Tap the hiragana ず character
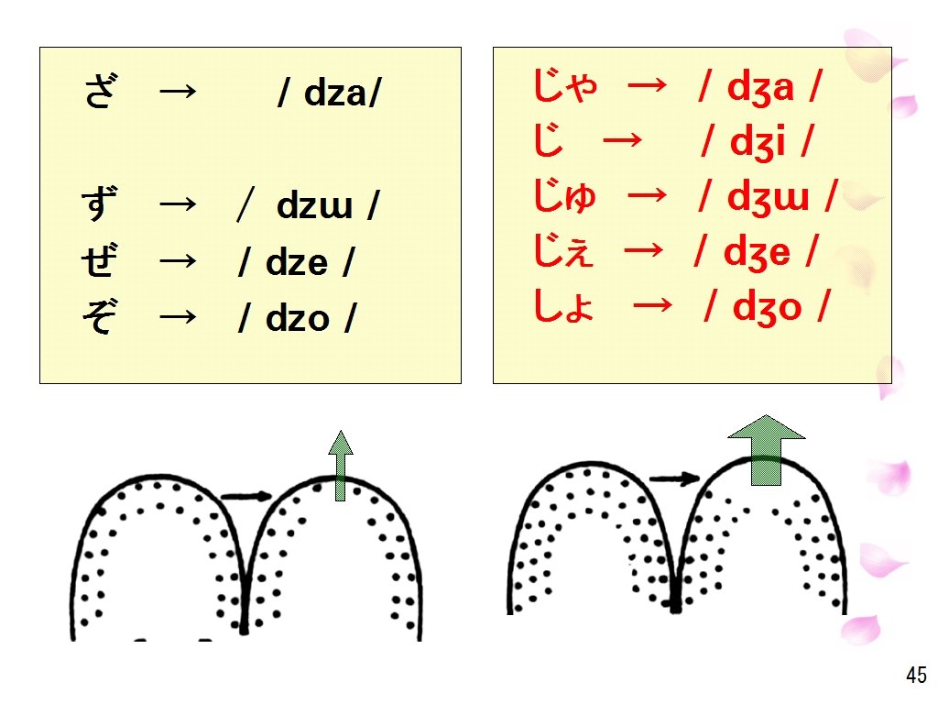(x=99, y=206)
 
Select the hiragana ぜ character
(x=99, y=262)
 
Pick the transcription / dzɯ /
(x=308, y=207)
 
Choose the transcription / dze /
(x=296, y=263)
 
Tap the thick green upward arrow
(x=765, y=449)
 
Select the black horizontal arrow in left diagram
(x=247, y=497)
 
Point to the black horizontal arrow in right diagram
(x=674, y=478)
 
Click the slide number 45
(x=916, y=676)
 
